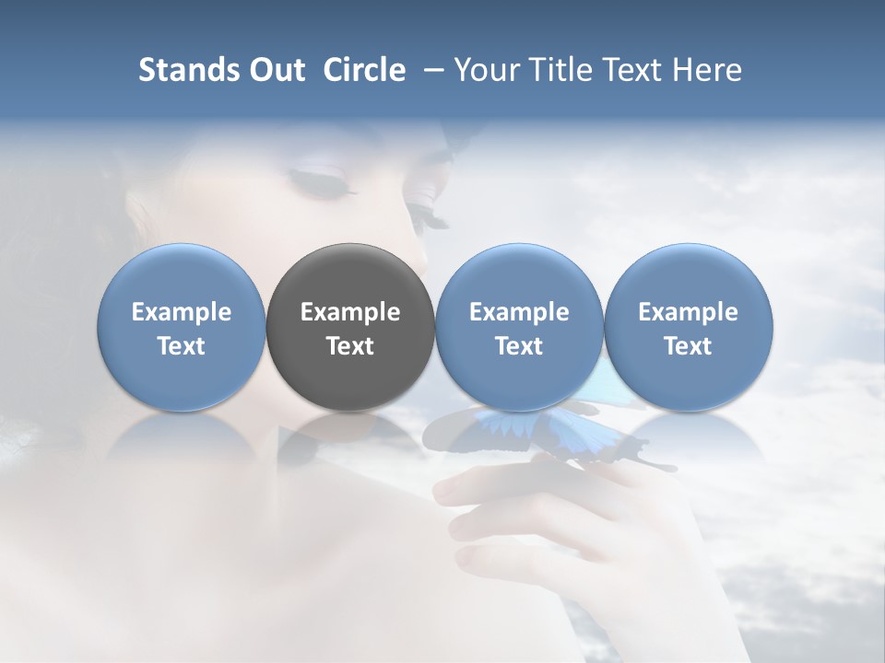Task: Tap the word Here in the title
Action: point(707,71)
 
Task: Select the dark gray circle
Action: point(350,276)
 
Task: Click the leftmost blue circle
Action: point(182,276)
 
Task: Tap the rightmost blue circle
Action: point(688,276)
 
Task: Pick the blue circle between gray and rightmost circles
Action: point(519,276)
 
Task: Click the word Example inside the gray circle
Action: point(350,312)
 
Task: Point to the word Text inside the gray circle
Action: point(350,346)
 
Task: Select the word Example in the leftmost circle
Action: point(182,312)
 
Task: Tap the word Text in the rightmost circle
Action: point(688,346)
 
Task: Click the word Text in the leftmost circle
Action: point(182,346)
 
